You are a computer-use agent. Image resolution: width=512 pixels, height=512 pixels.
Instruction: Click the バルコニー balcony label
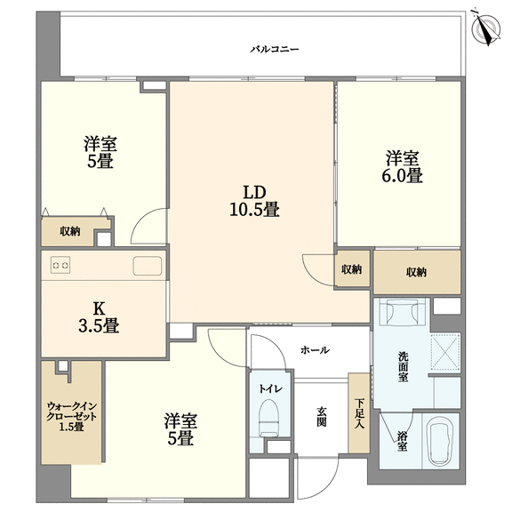pos(275,50)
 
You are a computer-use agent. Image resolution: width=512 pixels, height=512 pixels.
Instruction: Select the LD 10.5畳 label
pos(255,201)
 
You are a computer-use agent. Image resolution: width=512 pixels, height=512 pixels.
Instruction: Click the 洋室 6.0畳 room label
pos(403,166)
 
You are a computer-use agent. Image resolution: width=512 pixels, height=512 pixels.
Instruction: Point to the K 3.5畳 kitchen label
pos(99,316)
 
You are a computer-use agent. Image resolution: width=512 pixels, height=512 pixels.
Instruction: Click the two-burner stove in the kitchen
pos(60,265)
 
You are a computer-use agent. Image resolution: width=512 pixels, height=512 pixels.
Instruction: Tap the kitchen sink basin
pos(148,266)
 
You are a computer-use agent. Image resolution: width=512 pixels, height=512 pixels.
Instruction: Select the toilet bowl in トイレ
pos(269,419)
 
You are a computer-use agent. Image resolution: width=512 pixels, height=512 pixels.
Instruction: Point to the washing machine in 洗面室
pos(402,312)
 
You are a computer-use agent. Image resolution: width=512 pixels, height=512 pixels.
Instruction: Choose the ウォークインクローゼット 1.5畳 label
pos(72,416)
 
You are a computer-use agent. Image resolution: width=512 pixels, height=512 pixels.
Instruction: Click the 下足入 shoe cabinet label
pos(360,413)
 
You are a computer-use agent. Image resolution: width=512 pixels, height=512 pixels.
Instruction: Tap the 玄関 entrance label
pos(321,417)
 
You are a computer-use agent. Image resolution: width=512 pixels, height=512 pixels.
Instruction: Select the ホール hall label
pos(315,350)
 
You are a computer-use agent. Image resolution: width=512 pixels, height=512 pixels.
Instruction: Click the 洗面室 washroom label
pos(403,366)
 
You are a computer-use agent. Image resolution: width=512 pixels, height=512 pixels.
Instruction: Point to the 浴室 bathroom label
pos(403,441)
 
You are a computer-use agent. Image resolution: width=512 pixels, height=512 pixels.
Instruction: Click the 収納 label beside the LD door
pos(352,269)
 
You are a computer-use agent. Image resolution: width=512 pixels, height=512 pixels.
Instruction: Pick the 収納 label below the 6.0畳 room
pos(416,272)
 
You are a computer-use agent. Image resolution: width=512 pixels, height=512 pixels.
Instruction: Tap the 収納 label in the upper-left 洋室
pos(70,231)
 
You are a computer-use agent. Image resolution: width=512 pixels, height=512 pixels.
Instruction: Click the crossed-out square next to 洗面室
pos(445,351)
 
